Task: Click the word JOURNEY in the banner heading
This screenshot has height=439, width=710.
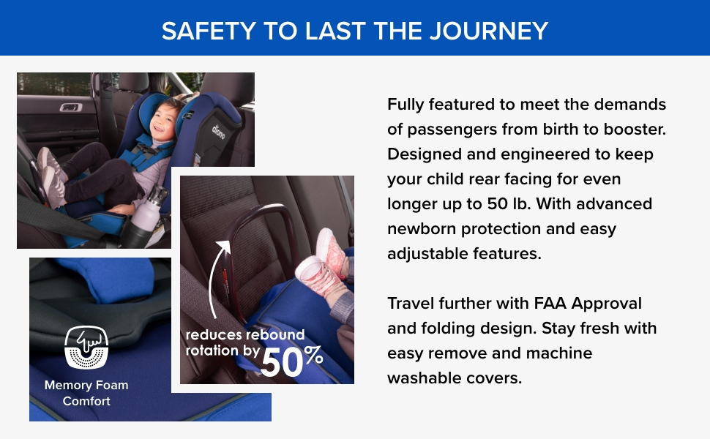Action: point(488,31)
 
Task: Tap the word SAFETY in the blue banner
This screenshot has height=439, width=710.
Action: point(209,31)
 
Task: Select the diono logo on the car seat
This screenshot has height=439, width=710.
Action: point(218,131)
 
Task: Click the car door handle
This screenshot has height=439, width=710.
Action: point(71,108)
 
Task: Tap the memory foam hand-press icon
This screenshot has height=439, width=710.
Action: point(86,347)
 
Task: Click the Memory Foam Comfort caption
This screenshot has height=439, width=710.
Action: point(86,393)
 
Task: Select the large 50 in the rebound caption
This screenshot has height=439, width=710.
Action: point(282,363)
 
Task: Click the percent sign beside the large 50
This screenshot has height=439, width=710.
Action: point(313,355)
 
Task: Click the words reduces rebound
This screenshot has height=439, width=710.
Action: point(245,334)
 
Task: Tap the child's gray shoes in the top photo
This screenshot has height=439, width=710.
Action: point(51,177)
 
